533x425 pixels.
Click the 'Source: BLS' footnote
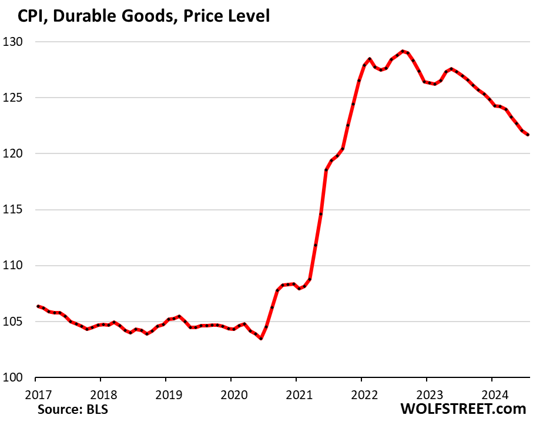72,409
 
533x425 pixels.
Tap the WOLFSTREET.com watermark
463,409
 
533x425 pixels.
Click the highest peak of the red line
402,51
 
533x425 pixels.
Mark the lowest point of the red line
261,339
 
